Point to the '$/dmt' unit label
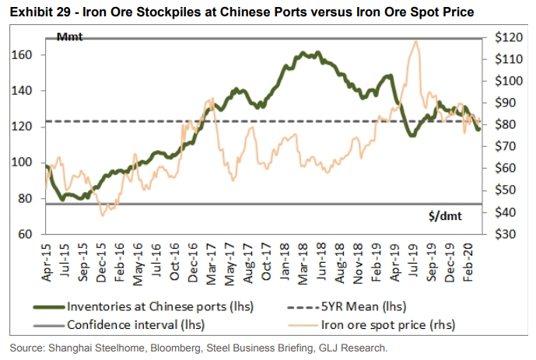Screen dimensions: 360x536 pyautogui.click(x=444, y=217)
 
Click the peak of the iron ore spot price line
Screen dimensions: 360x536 pyautogui.click(x=417, y=42)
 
